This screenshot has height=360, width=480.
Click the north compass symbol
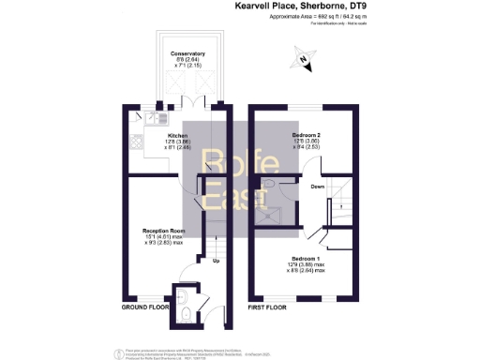tap(303, 63)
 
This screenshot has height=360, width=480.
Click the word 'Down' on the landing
tap(319, 187)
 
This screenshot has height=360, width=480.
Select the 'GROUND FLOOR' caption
tap(144, 307)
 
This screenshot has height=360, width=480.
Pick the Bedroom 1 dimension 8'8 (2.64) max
tap(307, 270)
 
